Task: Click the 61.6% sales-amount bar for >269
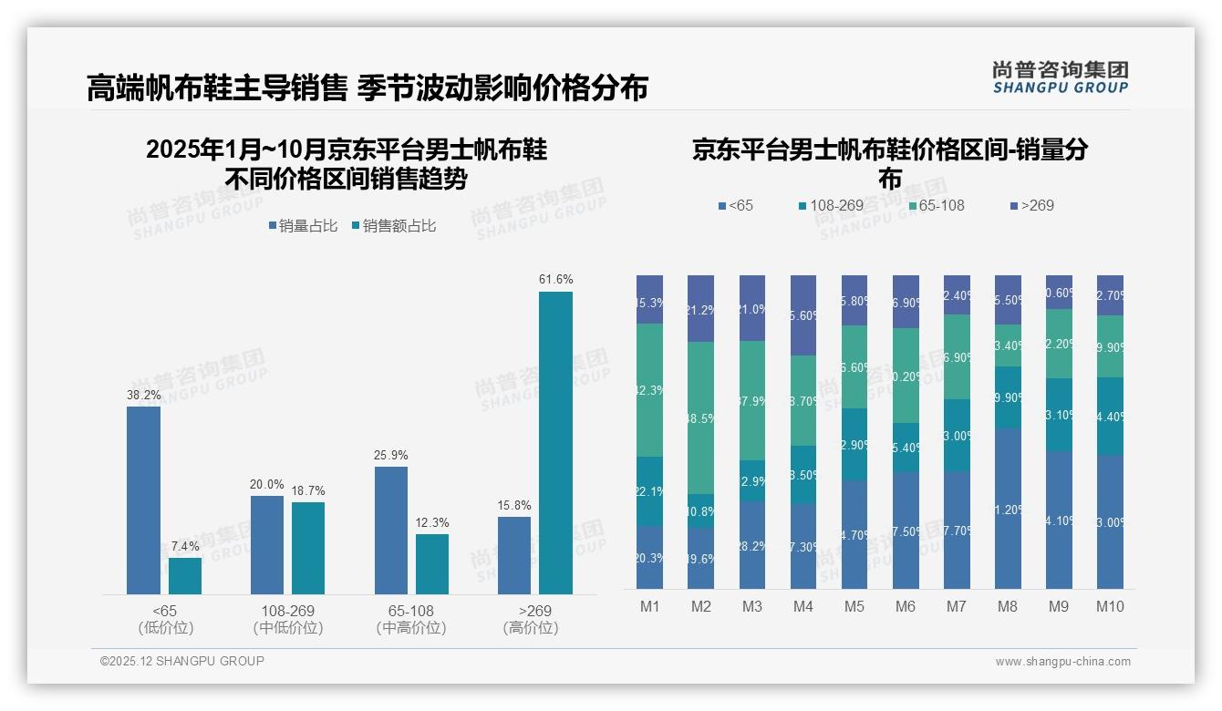point(555,443)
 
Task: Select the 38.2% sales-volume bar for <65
point(143,500)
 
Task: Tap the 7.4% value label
point(184,546)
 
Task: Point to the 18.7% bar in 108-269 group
point(308,548)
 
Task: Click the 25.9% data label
point(390,455)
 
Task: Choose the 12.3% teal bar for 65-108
point(432,564)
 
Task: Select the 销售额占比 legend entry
point(393,226)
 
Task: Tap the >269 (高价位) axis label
point(530,619)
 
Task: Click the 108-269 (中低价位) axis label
point(288,619)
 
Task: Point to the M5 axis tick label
point(854,606)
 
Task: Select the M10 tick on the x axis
point(1110,606)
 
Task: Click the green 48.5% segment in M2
point(700,417)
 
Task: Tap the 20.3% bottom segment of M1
point(649,557)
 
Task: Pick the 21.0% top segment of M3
point(751,308)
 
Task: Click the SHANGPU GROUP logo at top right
point(1060,77)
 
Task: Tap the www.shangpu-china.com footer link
point(1062,662)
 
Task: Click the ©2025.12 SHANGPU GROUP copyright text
point(182,661)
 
